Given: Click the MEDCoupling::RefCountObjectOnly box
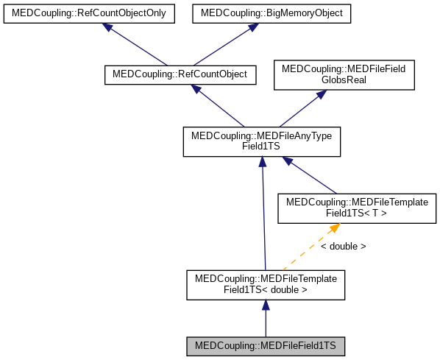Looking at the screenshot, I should [89, 14].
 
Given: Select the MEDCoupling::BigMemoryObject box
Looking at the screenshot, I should [272, 14].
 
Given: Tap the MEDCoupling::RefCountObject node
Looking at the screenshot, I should [180, 74].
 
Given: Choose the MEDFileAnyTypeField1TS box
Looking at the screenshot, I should [261, 141].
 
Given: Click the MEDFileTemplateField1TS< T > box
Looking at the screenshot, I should [355, 208].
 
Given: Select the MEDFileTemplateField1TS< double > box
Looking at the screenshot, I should [266, 284].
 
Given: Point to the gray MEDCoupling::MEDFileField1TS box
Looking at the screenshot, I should [266, 345].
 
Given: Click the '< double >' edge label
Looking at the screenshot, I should [343, 247].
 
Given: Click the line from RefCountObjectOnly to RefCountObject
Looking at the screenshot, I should [139, 46].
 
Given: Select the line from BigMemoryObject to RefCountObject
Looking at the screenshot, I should [222, 46].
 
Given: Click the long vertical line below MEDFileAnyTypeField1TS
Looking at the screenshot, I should [263, 221].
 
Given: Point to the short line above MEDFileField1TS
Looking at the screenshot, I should [266, 322].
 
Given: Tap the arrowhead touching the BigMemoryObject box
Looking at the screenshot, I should [253, 27].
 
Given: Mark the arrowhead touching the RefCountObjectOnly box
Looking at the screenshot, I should [108, 27].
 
